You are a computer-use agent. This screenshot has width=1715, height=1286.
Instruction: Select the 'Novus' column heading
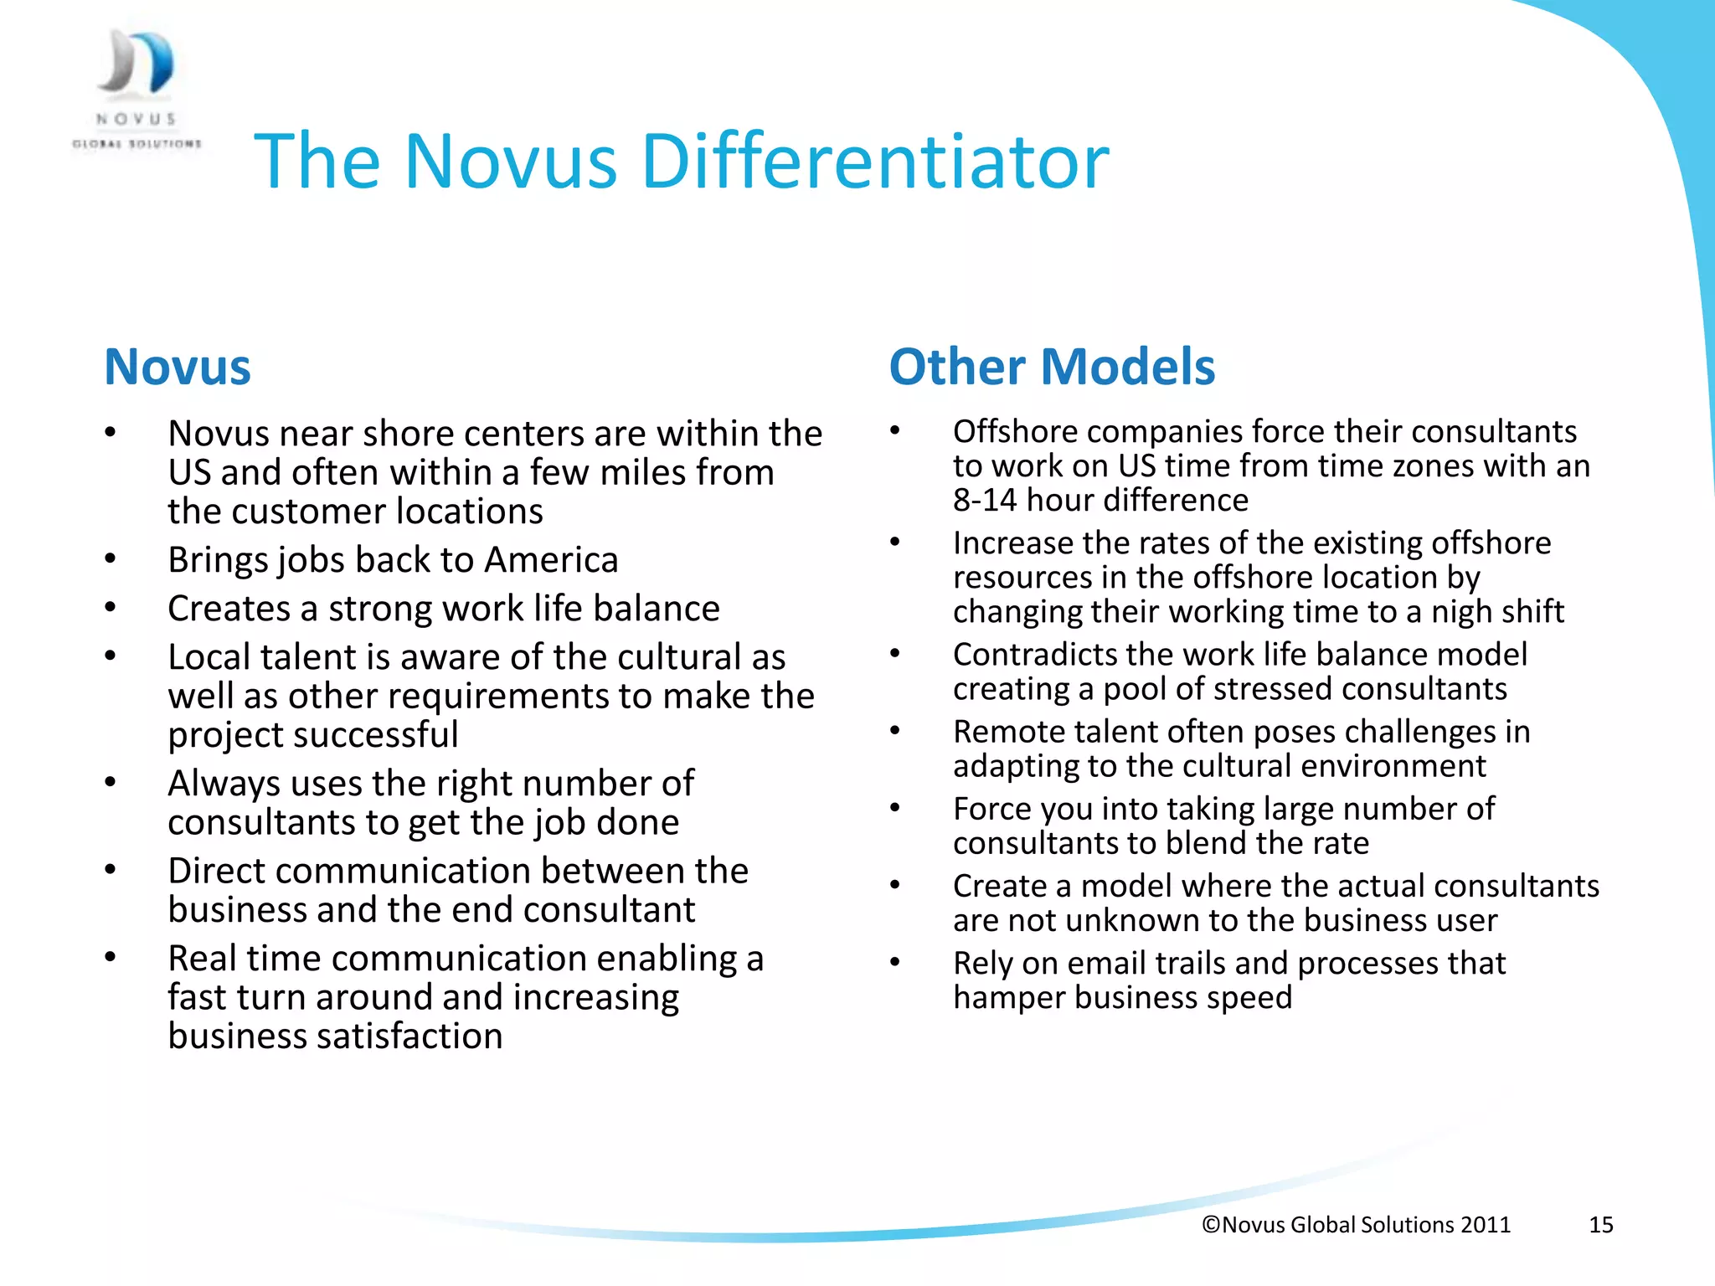[x=178, y=367]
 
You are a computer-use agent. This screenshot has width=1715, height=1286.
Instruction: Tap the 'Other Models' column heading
[x=1052, y=367]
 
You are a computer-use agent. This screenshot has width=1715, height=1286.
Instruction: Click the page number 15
[x=1600, y=1225]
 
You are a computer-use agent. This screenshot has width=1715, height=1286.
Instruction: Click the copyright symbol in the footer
[x=1211, y=1225]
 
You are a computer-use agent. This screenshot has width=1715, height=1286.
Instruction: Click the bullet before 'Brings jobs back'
[x=110, y=559]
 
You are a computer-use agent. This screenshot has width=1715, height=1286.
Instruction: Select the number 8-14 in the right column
[x=985, y=501]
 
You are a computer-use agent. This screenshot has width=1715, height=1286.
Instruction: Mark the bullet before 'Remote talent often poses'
[x=894, y=732]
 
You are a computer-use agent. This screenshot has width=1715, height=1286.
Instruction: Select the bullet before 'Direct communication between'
[x=110, y=871]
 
